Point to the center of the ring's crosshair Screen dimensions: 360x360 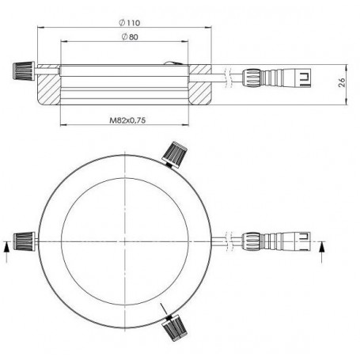[127, 239]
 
